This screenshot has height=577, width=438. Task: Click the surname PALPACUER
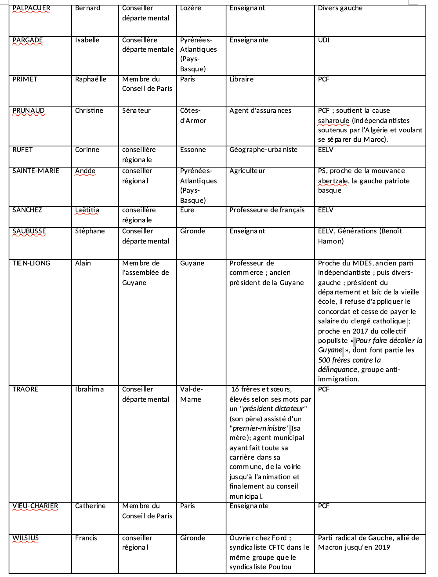click(31, 8)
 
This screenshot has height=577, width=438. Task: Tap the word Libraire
click(241, 79)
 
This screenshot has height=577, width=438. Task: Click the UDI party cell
click(324, 40)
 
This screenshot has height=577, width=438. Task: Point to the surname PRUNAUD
click(29, 111)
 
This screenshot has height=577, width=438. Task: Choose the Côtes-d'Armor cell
click(193, 115)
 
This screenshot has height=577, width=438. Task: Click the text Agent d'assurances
click(260, 111)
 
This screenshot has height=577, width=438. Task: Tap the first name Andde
click(85, 171)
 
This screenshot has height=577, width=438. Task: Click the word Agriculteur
click(247, 171)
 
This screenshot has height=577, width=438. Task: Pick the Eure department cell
click(187, 210)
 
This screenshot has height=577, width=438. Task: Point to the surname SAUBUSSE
click(29, 231)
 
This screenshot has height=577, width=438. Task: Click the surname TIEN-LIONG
click(31, 263)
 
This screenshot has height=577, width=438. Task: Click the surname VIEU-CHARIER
click(35, 506)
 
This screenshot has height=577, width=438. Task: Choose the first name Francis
click(86, 538)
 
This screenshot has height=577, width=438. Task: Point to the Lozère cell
click(190, 8)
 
